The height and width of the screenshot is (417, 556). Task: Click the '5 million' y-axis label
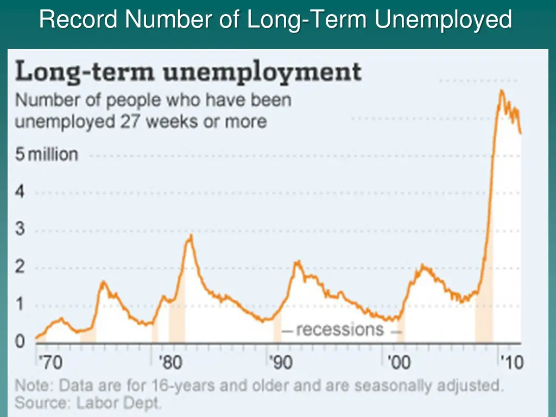(46, 155)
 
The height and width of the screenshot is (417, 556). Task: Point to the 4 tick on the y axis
(20, 192)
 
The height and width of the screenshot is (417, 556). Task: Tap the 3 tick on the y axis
(20, 230)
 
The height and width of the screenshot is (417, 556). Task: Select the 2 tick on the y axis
(20, 268)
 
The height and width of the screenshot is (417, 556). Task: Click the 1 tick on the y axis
(20, 305)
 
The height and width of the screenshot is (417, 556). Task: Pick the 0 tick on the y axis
(20, 342)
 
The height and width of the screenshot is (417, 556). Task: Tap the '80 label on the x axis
(170, 362)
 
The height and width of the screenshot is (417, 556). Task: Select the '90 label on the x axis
(281, 362)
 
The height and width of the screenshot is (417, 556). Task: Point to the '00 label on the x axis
(399, 362)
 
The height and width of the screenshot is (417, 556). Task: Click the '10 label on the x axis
(511, 362)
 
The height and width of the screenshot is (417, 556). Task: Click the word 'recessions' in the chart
(340, 330)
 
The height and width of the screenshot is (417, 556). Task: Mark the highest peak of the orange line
(501, 91)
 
